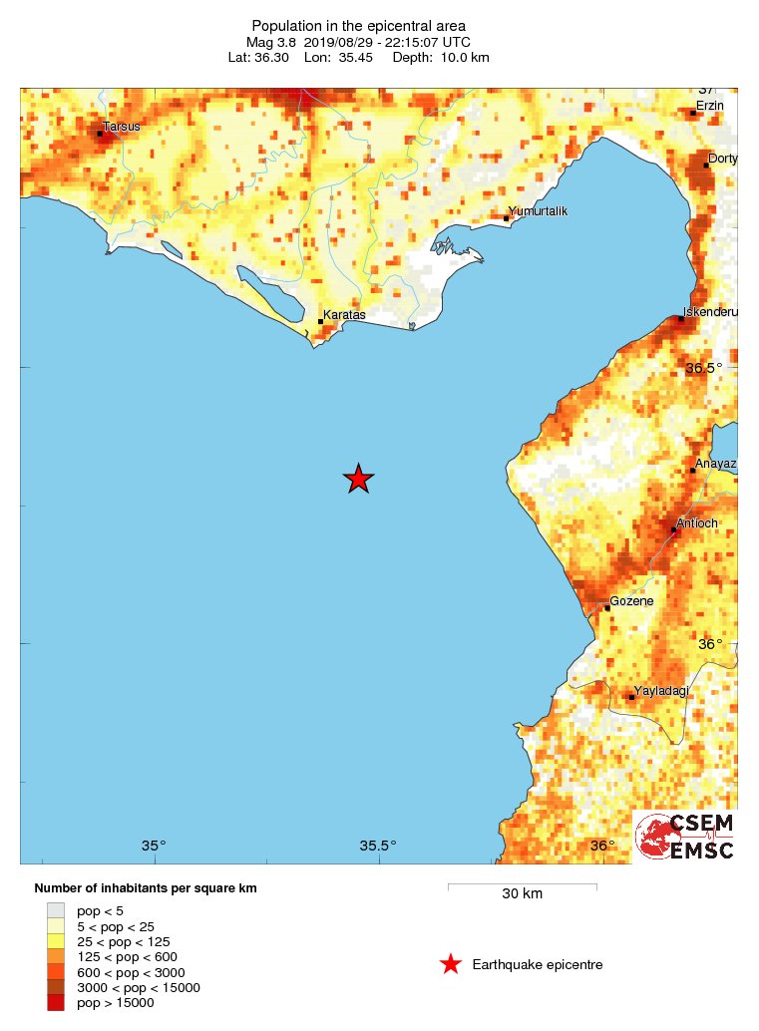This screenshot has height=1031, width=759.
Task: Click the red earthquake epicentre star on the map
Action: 359,479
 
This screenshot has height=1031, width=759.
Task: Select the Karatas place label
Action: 345,315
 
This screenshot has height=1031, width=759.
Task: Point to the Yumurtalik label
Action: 538,211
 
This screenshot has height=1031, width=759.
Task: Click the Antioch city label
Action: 697,522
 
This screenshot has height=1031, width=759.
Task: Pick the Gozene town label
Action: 631,601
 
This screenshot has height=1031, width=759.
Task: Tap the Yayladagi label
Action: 662,690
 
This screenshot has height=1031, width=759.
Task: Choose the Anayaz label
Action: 716,464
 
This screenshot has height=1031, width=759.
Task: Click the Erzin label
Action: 710,106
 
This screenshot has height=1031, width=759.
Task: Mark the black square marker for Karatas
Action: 320,321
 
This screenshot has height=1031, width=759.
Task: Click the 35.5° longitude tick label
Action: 378,847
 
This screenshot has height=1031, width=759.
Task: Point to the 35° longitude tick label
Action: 153,847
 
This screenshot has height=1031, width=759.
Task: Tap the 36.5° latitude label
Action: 704,368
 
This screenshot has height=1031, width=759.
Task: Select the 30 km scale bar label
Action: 522,893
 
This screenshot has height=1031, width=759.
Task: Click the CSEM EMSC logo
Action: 686,837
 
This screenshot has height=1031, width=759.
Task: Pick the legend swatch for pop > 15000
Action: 56,1003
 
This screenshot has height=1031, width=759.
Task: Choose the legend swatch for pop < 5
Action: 56,909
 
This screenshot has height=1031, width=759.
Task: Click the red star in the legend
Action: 451,964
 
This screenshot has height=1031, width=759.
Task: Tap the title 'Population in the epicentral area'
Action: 359,25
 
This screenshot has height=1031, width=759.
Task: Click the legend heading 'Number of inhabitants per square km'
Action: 153,887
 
